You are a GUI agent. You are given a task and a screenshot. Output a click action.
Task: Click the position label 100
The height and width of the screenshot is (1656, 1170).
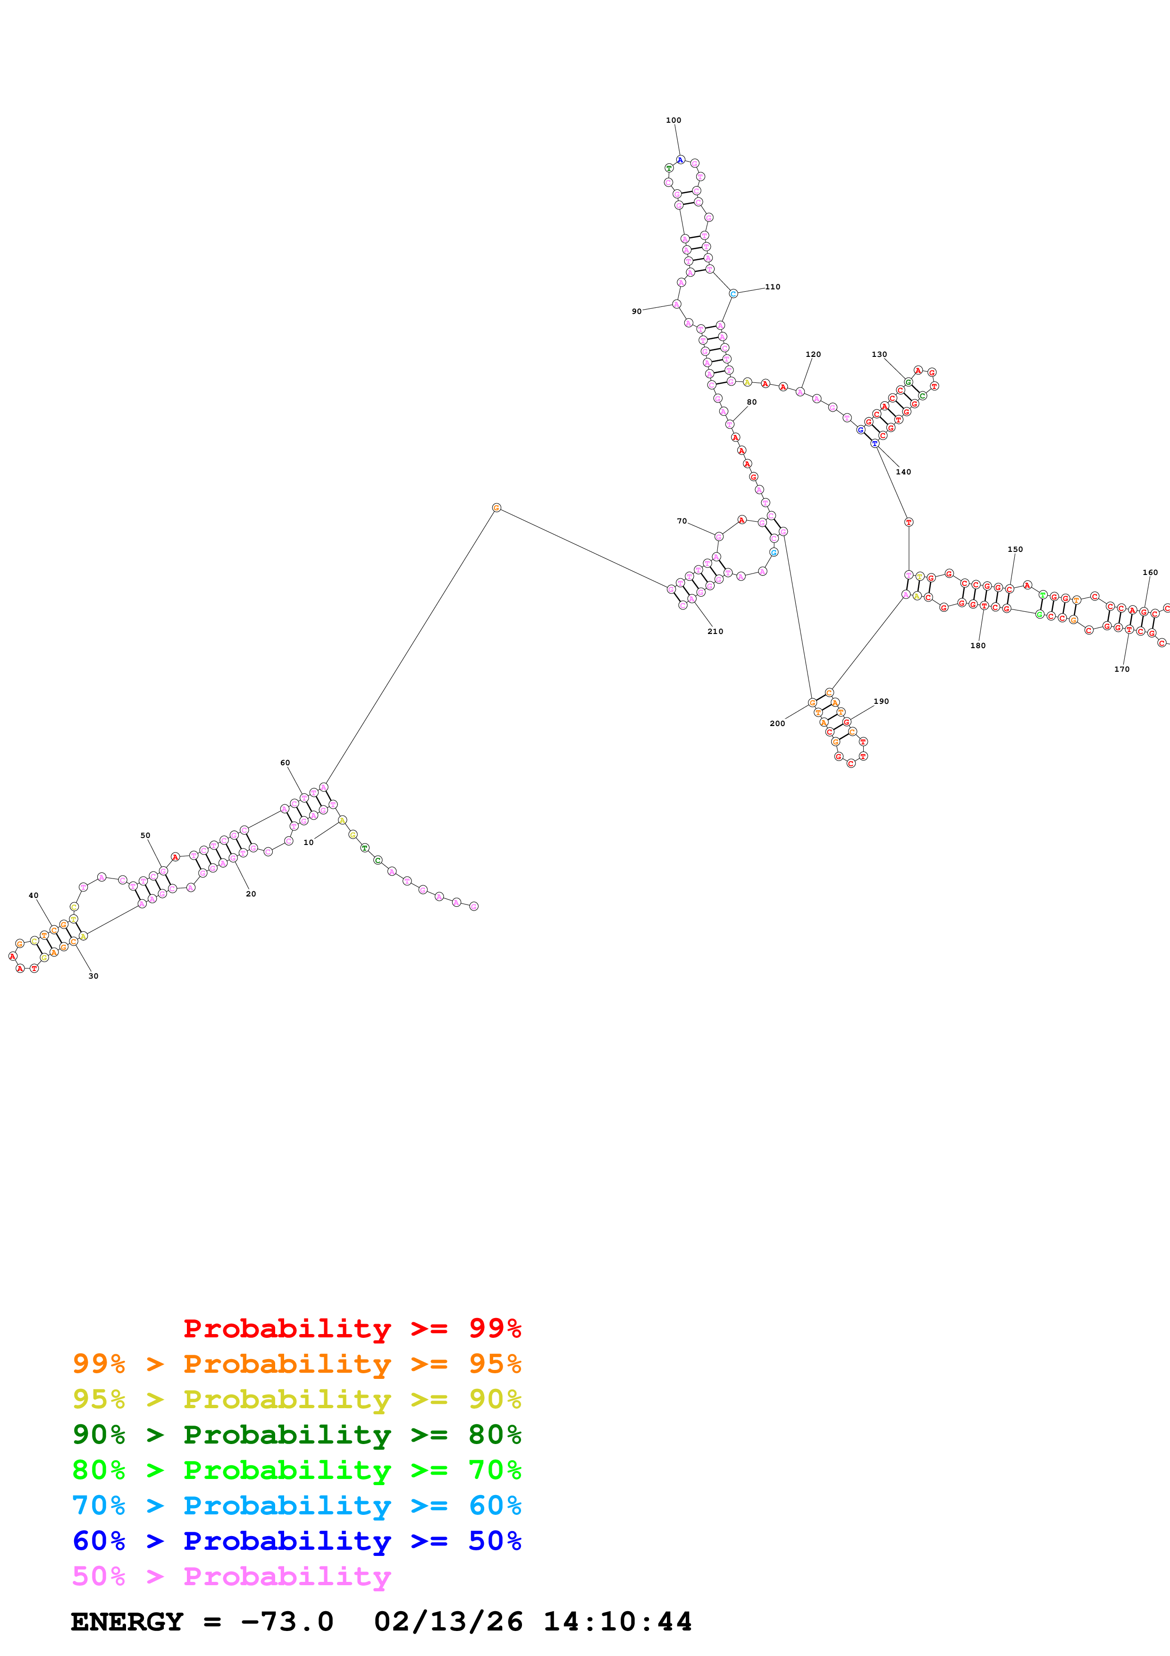click(x=673, y=120)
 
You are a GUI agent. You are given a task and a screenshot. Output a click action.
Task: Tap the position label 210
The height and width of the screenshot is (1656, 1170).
click(x=715, y=631)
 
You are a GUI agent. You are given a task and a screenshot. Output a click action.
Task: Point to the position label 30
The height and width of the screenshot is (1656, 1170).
click(x=93, y=976)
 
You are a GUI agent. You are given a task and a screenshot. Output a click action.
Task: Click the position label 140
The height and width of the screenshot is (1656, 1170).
click(x=903, y=472)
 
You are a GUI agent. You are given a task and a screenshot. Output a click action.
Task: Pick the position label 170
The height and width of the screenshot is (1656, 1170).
click(x=1122, y=669)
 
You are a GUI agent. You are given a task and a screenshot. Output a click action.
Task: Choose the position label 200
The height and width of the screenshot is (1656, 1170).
click(x=777, y=723)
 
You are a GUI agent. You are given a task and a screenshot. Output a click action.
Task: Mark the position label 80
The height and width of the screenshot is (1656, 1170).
click(x=752, y=403)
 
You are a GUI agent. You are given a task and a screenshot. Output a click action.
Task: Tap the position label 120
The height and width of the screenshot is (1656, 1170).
click(x=813, y=354)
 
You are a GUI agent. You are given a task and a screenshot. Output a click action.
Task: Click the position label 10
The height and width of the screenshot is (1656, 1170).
click(x=309, y=843)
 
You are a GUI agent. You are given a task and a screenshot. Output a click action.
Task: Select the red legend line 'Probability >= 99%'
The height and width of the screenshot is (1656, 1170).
click(x=352, y=1328)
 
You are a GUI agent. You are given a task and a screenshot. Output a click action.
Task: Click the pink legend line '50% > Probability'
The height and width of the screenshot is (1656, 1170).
click(x=231, y=1577)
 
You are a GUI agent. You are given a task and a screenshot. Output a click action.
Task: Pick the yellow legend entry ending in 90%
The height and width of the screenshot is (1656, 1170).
click(x=296, y=1399)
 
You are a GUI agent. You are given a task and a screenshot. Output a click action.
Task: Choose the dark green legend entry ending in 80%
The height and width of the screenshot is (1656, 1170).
click(x=296, y=1435)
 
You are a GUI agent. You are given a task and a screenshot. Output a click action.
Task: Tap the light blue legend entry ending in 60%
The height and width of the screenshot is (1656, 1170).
click(x=296, y=1506)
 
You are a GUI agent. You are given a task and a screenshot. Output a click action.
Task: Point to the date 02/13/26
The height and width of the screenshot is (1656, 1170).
click(x=448, y=1622)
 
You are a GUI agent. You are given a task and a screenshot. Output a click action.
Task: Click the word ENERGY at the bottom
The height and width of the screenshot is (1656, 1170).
click(x=127, y=1622)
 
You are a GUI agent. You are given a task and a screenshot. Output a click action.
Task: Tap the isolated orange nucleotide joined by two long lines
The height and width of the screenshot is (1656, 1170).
click(x=496, y=508)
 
